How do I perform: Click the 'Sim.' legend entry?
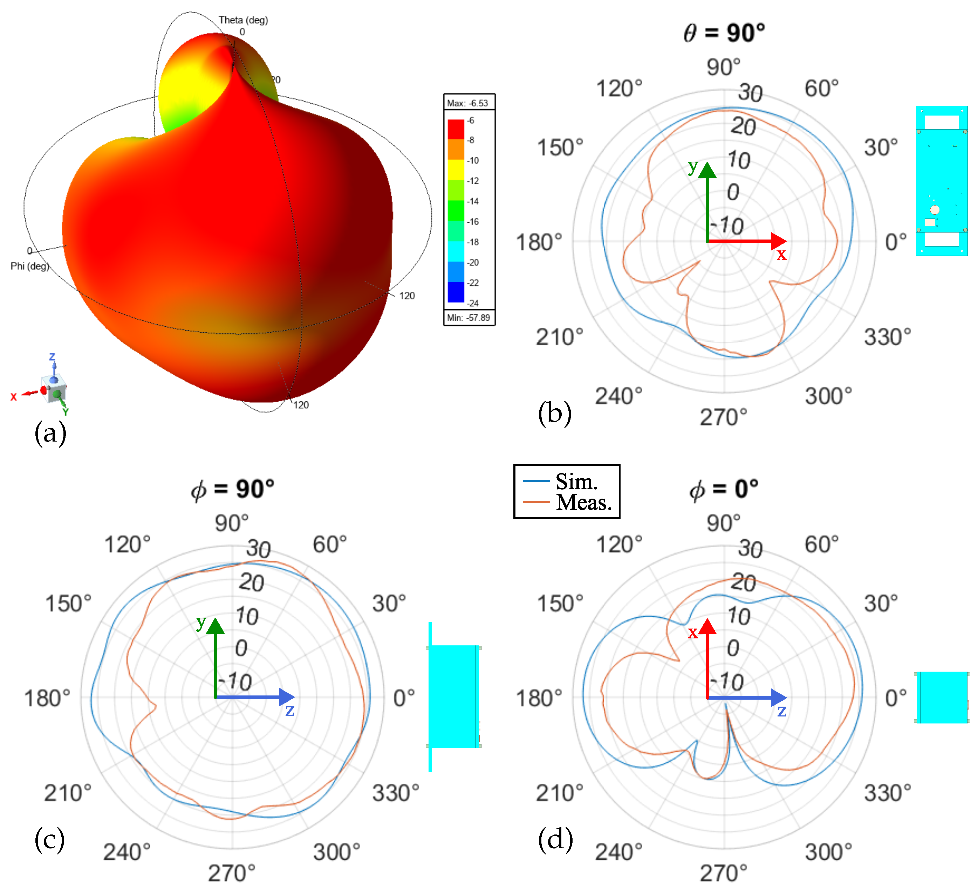(576, 481)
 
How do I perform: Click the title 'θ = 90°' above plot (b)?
(724, 33)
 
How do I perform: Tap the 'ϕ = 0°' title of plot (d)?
(724, 489)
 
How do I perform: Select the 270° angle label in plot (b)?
(723, 417)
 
